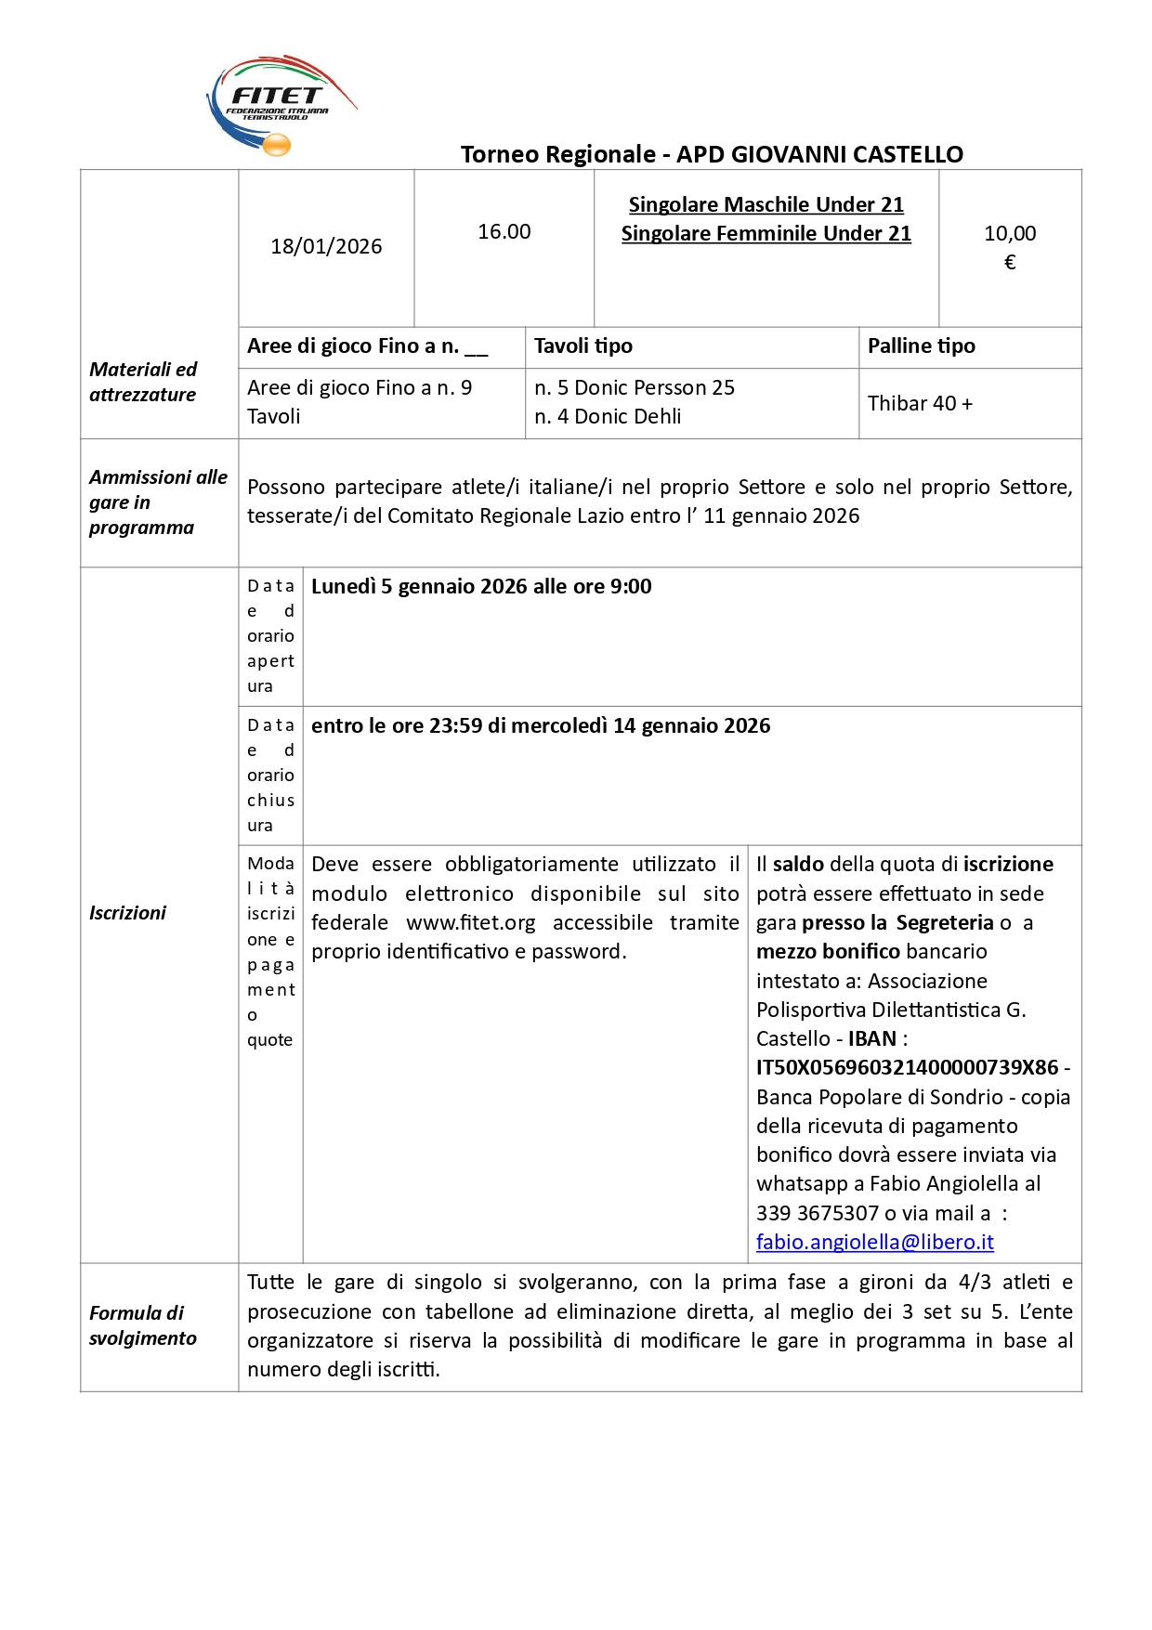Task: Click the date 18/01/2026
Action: [326, 246]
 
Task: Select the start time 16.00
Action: [504, 231]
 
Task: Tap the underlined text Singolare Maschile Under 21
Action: [766, 204]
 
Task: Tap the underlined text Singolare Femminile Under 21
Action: [766, 233]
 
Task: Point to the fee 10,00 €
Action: [1009, 246]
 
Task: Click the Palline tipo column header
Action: [921, 346]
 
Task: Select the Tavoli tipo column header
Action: [583, 346]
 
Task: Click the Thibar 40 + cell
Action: [920, 403]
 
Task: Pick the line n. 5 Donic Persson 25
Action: [634, 387]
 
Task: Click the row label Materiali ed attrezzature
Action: [143, 382]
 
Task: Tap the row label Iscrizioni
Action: [127, 913]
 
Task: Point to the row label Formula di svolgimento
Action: [143, 1325]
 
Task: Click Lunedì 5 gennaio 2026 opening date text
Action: [481, 586]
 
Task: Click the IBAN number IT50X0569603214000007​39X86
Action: [907, 1067]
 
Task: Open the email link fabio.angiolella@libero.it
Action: [874, 1242]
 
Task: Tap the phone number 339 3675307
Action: [817, 1213]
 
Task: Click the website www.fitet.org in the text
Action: [470, 922]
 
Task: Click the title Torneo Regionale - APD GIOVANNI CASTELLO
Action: [712, 154]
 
